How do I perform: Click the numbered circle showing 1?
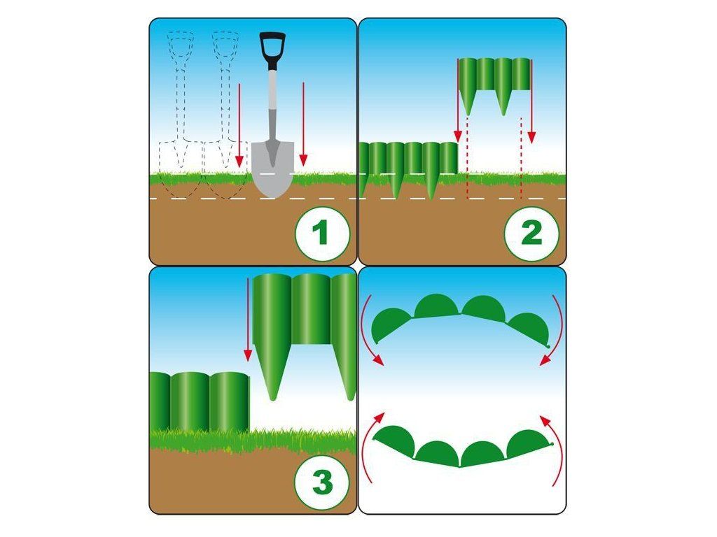322,234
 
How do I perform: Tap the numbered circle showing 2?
531,234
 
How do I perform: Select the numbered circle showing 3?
322,482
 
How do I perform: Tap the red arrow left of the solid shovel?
239,125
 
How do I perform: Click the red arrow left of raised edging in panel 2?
457,101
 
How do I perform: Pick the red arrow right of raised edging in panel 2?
531,101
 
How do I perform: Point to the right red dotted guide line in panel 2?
521,158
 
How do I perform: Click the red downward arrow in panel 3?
248,320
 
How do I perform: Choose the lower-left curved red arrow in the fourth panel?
370,447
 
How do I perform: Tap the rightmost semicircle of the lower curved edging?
528,442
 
